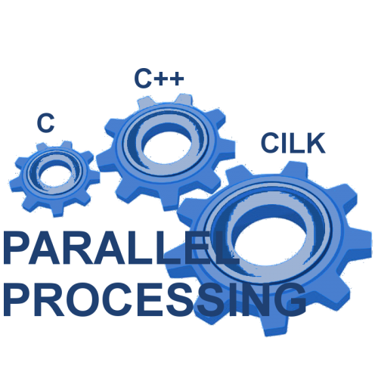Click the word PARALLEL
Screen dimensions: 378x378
[x=121, y=248]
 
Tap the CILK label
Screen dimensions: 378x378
[x=293, y=143]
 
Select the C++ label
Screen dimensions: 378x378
[x=159, y=78]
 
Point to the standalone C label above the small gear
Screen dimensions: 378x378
[x=45, y=122]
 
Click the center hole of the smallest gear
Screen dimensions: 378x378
[x=54, y=175]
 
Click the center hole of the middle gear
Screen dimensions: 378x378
[x=167, y=147]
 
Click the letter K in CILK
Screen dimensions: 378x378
[x=316, y=143]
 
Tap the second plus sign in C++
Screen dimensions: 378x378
[x=176, y=79]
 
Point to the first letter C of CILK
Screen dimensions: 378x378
[x=270, y=143]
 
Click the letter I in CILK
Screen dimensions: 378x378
[x=284, y=143]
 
